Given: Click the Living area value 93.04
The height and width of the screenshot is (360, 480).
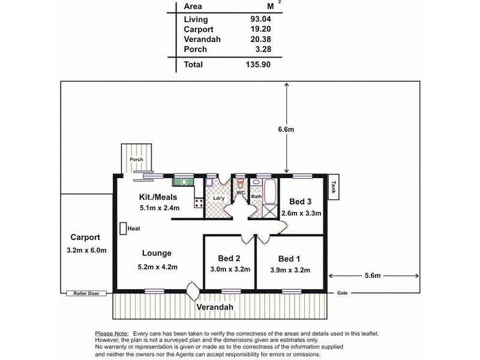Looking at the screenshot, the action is (260, 19).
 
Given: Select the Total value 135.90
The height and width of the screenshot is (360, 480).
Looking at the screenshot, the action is (258, 64).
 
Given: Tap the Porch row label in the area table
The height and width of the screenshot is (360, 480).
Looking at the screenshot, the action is (196, 49).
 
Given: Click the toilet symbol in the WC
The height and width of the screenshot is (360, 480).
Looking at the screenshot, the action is (241, 184).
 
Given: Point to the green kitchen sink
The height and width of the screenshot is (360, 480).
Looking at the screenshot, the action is (184, 182).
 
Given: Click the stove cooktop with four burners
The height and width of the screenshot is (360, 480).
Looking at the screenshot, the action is (199, 203).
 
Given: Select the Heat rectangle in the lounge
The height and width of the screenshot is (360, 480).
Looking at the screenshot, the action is (123, 229).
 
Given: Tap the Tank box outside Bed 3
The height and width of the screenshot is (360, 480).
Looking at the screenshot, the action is (334, 187).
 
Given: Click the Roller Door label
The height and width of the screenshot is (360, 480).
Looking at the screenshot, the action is (86, 293).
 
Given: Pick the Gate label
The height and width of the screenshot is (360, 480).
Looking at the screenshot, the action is (342, 293).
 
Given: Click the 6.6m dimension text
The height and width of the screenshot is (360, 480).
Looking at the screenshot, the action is (286, 130).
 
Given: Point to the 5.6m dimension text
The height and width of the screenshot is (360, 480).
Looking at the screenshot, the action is (373, 275).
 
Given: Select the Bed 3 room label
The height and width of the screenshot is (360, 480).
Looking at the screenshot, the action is (301, 202).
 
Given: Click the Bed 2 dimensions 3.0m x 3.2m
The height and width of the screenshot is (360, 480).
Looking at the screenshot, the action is (230, 269).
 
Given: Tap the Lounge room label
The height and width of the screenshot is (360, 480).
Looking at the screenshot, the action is (157, 253).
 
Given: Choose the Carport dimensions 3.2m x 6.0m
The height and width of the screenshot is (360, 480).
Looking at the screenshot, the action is (86, 250).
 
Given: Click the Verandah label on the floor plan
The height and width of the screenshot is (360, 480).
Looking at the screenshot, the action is (215, 307).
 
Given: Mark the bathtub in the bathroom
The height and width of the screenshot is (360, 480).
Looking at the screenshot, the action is (271, 191).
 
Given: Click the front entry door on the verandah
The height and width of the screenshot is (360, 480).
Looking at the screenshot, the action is (193, 291).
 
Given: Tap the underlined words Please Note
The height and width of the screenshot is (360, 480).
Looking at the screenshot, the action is (112, 334).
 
